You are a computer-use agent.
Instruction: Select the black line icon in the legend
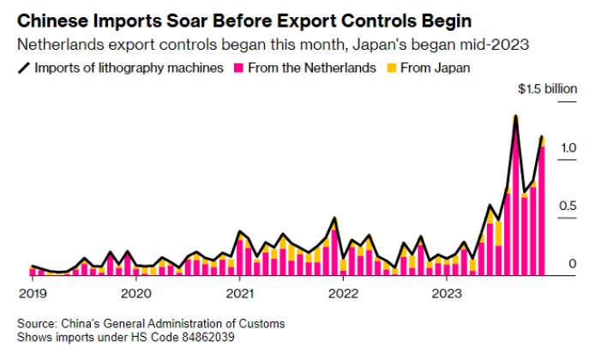[x=21, y=67]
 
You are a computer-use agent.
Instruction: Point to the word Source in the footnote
[x=36, y=324]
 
